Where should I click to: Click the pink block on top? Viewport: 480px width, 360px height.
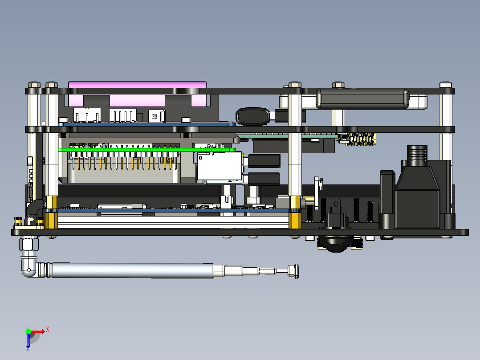(137, 85)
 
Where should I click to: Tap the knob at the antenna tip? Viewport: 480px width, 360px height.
(293, 271)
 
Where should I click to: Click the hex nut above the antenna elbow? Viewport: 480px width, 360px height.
(29, 244)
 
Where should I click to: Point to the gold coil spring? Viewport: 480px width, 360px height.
(361, 139)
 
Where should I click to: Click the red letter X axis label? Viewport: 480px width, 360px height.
(48, 329)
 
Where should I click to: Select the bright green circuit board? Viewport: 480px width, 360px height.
(147, 150)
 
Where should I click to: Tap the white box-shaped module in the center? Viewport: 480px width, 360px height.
(219, 166)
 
